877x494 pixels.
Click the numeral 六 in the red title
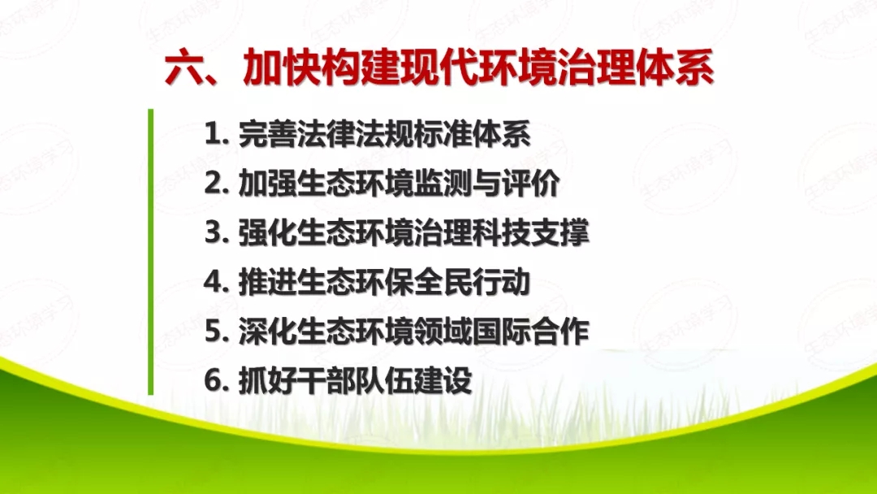pos(184,70)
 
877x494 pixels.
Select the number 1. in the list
pos(217,134)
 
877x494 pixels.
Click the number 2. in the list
pos(217,184)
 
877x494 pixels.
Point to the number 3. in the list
pos(217,233)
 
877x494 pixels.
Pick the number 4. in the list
pos(217,282)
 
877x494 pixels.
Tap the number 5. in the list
pos(217,331)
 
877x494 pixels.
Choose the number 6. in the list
pos(217,380)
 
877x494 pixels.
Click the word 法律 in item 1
pos(326,134)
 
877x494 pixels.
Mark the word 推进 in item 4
pos(267,282)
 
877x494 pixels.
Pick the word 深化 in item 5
pos(267,331)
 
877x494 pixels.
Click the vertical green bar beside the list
pos(150,252)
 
